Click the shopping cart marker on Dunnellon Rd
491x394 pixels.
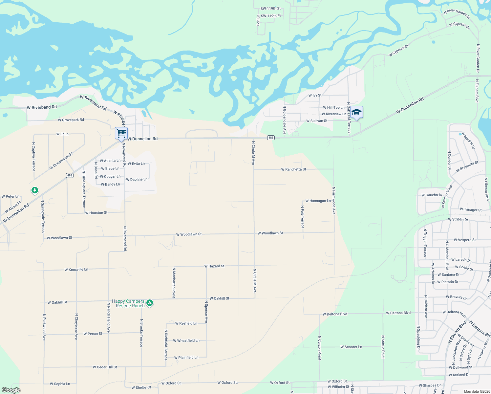121,133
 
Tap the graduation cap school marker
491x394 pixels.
356,113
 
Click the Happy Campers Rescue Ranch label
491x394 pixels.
128,303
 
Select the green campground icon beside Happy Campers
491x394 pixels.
150,303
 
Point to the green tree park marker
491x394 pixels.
35,190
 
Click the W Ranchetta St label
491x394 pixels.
293,169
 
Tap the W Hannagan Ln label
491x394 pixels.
318,201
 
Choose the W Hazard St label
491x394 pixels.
214,266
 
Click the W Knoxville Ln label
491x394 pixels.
76,270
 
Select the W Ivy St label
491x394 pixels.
315,96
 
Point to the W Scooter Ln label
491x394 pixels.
351,347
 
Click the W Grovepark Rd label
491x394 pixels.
71,120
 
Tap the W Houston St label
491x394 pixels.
96,213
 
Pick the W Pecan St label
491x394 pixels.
93,334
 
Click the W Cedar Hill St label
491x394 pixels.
105,367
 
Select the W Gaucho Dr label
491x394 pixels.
432,195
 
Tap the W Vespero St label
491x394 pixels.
465,240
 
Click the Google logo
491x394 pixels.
11,390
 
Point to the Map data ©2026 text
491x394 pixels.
476,391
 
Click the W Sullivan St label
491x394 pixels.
317,121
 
